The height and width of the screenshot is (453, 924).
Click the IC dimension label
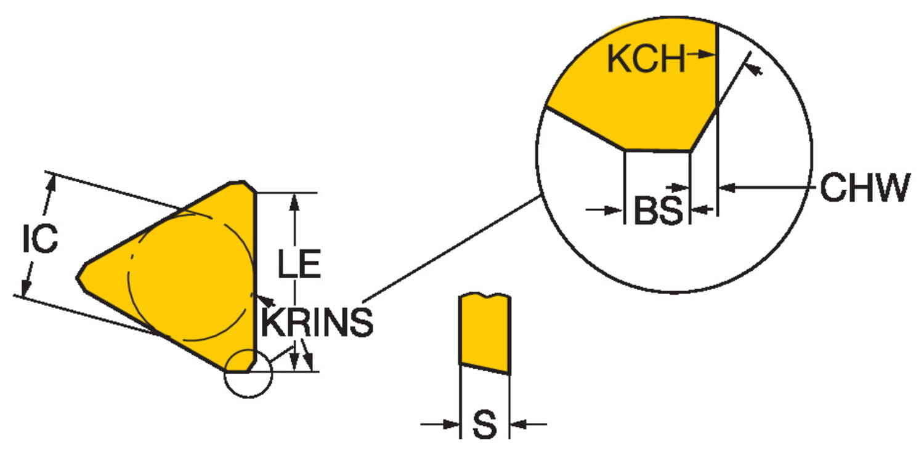point(41,238)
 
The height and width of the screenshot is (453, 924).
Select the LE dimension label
point(299,263)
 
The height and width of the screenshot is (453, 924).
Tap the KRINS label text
point(317,321)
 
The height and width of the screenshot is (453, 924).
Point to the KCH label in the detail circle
point(646,58)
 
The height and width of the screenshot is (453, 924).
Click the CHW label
point(865,187)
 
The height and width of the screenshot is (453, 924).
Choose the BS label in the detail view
point(658,210)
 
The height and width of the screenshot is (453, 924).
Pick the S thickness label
point(485,425)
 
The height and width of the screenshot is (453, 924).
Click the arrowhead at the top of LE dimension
point(294,202)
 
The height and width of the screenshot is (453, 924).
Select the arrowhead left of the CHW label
point(727,188)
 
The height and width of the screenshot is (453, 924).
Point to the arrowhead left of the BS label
point(614,210)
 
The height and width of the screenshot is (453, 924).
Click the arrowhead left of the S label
point(451,423)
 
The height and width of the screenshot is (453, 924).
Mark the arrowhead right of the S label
point(519,423)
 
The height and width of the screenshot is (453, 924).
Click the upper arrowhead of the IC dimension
point(51,184)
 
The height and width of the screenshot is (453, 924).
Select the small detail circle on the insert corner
point(248,374)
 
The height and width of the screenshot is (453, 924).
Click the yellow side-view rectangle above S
point(485,333)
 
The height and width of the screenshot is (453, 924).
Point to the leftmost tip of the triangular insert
point(77,278)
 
